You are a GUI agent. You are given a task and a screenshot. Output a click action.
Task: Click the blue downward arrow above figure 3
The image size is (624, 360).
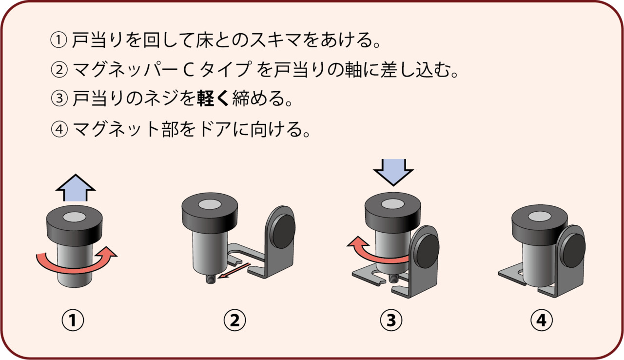[x=393, y=170]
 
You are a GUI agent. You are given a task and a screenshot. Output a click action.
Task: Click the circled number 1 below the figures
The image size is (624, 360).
[x=73, y=320]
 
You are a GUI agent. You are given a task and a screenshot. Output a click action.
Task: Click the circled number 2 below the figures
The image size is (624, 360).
[x=234, y=320]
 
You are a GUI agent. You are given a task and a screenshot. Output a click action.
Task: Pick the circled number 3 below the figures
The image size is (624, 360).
[x=391, y=320]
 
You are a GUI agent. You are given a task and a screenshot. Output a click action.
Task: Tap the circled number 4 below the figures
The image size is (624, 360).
[x=542, y=320]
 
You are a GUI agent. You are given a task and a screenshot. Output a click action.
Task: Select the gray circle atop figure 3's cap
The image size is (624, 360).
[x=393, y=202]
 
